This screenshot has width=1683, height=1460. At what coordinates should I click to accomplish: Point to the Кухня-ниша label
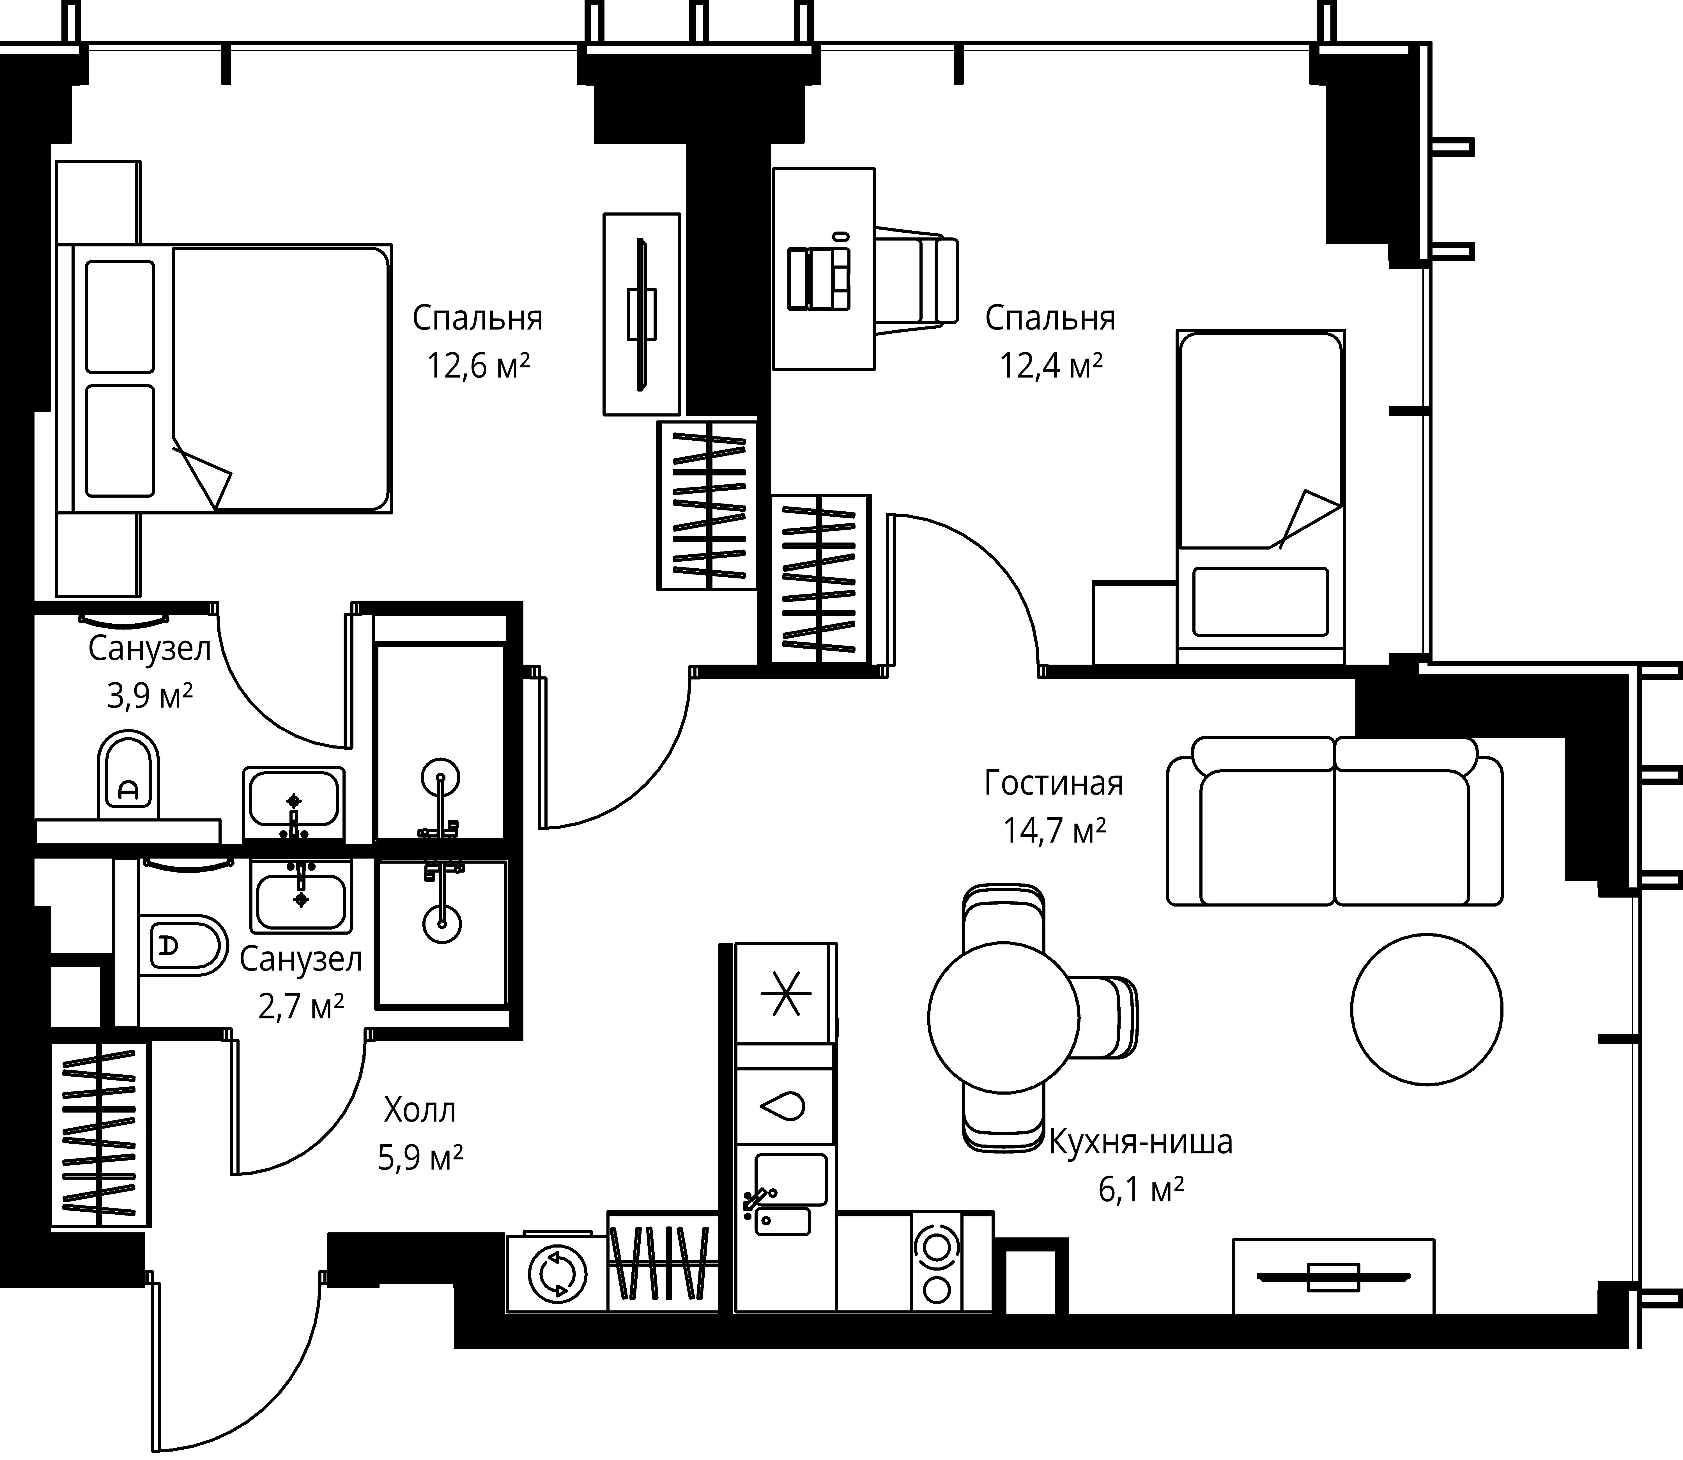[x=1140, y=1142]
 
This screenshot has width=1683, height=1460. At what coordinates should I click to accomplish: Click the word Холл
[x=420, y=1110]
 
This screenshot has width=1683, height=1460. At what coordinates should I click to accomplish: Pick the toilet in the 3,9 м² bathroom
[x=128, y=776]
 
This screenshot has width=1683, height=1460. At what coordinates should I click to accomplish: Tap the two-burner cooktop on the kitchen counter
[x=936, y=1273]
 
